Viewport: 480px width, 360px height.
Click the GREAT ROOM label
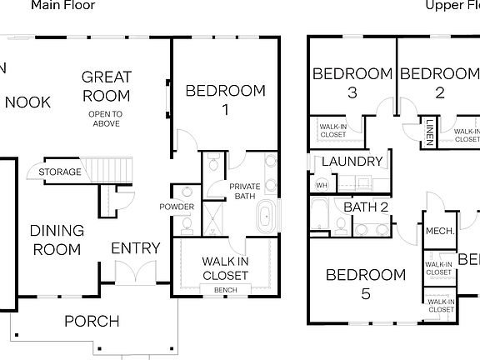point(106,86)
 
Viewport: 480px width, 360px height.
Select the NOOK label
point(27,102)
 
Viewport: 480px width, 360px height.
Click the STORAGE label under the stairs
point(60,172)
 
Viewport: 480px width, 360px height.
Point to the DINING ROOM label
point(57,240)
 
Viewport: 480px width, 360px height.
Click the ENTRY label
point(136,248)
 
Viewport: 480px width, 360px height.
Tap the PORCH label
point(92,321)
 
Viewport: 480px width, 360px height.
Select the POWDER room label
point(177,207)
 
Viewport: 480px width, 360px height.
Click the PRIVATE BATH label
point(244,192)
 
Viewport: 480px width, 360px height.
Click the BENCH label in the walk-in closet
point(225,290)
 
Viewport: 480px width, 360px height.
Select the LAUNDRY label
point(352,162)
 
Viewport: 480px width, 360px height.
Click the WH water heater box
point(321,185)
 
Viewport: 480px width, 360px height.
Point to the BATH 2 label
point(366,207)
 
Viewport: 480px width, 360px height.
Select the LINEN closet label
point(429,132)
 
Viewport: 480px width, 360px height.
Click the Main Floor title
point(63,5)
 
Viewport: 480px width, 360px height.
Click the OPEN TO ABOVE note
point(106,118)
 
